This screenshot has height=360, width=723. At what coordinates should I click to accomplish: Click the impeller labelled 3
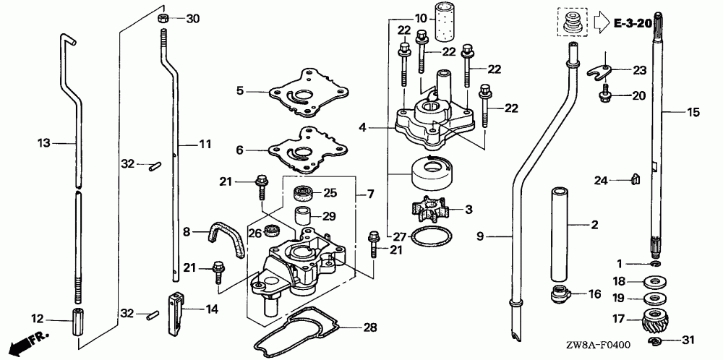(429, 210)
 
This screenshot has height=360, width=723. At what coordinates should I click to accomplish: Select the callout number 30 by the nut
(192, 18)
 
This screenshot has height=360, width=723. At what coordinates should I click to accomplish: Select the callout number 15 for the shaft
(693, 112)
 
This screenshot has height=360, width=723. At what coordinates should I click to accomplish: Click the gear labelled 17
(655, 319)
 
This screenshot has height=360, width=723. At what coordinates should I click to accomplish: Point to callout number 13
(44, 143)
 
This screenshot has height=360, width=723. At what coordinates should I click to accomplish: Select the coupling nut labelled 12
(77, 319)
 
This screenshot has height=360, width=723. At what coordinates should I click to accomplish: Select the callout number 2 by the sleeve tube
(594, 226)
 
